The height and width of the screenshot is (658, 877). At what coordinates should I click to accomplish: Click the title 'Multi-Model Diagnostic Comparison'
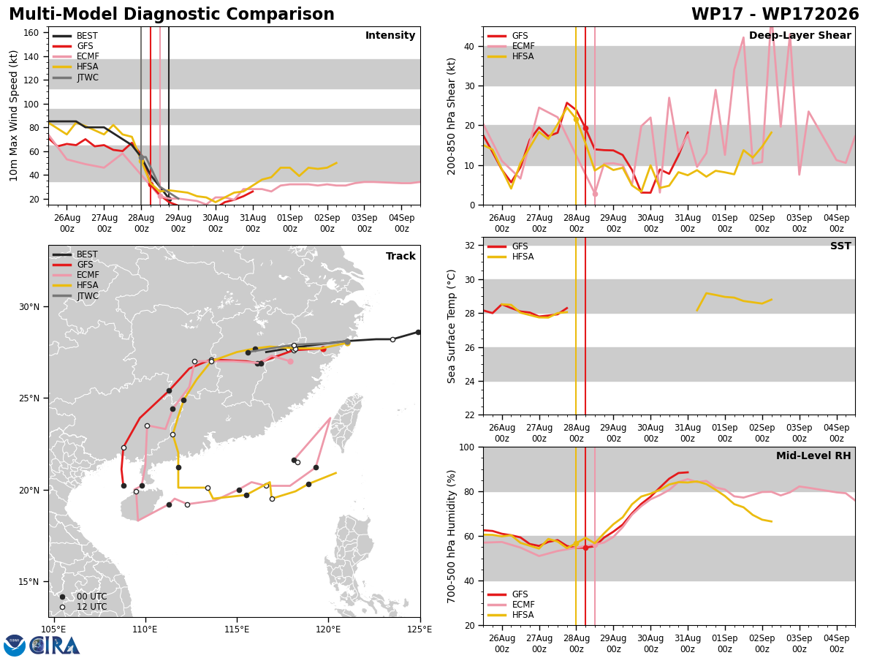(172, 14)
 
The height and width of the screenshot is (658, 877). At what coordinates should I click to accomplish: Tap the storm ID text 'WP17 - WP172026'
(775, 14)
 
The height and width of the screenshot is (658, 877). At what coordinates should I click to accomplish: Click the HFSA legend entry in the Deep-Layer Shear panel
(510, 56)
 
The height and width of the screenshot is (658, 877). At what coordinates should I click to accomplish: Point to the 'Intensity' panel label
(390, 36)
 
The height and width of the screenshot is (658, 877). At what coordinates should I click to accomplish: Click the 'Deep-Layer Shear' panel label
(800, 36)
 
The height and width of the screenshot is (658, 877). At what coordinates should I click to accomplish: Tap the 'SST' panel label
(840, 246)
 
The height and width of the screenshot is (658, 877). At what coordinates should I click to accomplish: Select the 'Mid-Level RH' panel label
(813, 455)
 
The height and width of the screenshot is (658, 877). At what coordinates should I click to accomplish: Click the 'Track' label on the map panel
(400, 256)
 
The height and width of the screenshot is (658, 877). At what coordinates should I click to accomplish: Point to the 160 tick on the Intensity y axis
(31, 33)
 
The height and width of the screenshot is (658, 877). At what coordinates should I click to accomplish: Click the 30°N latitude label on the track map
(29, 307)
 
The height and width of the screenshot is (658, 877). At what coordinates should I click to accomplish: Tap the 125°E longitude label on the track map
(420, 629)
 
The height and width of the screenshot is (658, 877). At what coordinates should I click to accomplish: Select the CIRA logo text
(54, 646)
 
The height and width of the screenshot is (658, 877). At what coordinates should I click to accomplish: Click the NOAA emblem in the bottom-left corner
(14, 646)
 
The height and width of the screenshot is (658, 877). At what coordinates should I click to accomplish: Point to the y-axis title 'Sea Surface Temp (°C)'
(451, 326)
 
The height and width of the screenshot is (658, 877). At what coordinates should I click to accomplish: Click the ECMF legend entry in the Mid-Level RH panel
(510, 605)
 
